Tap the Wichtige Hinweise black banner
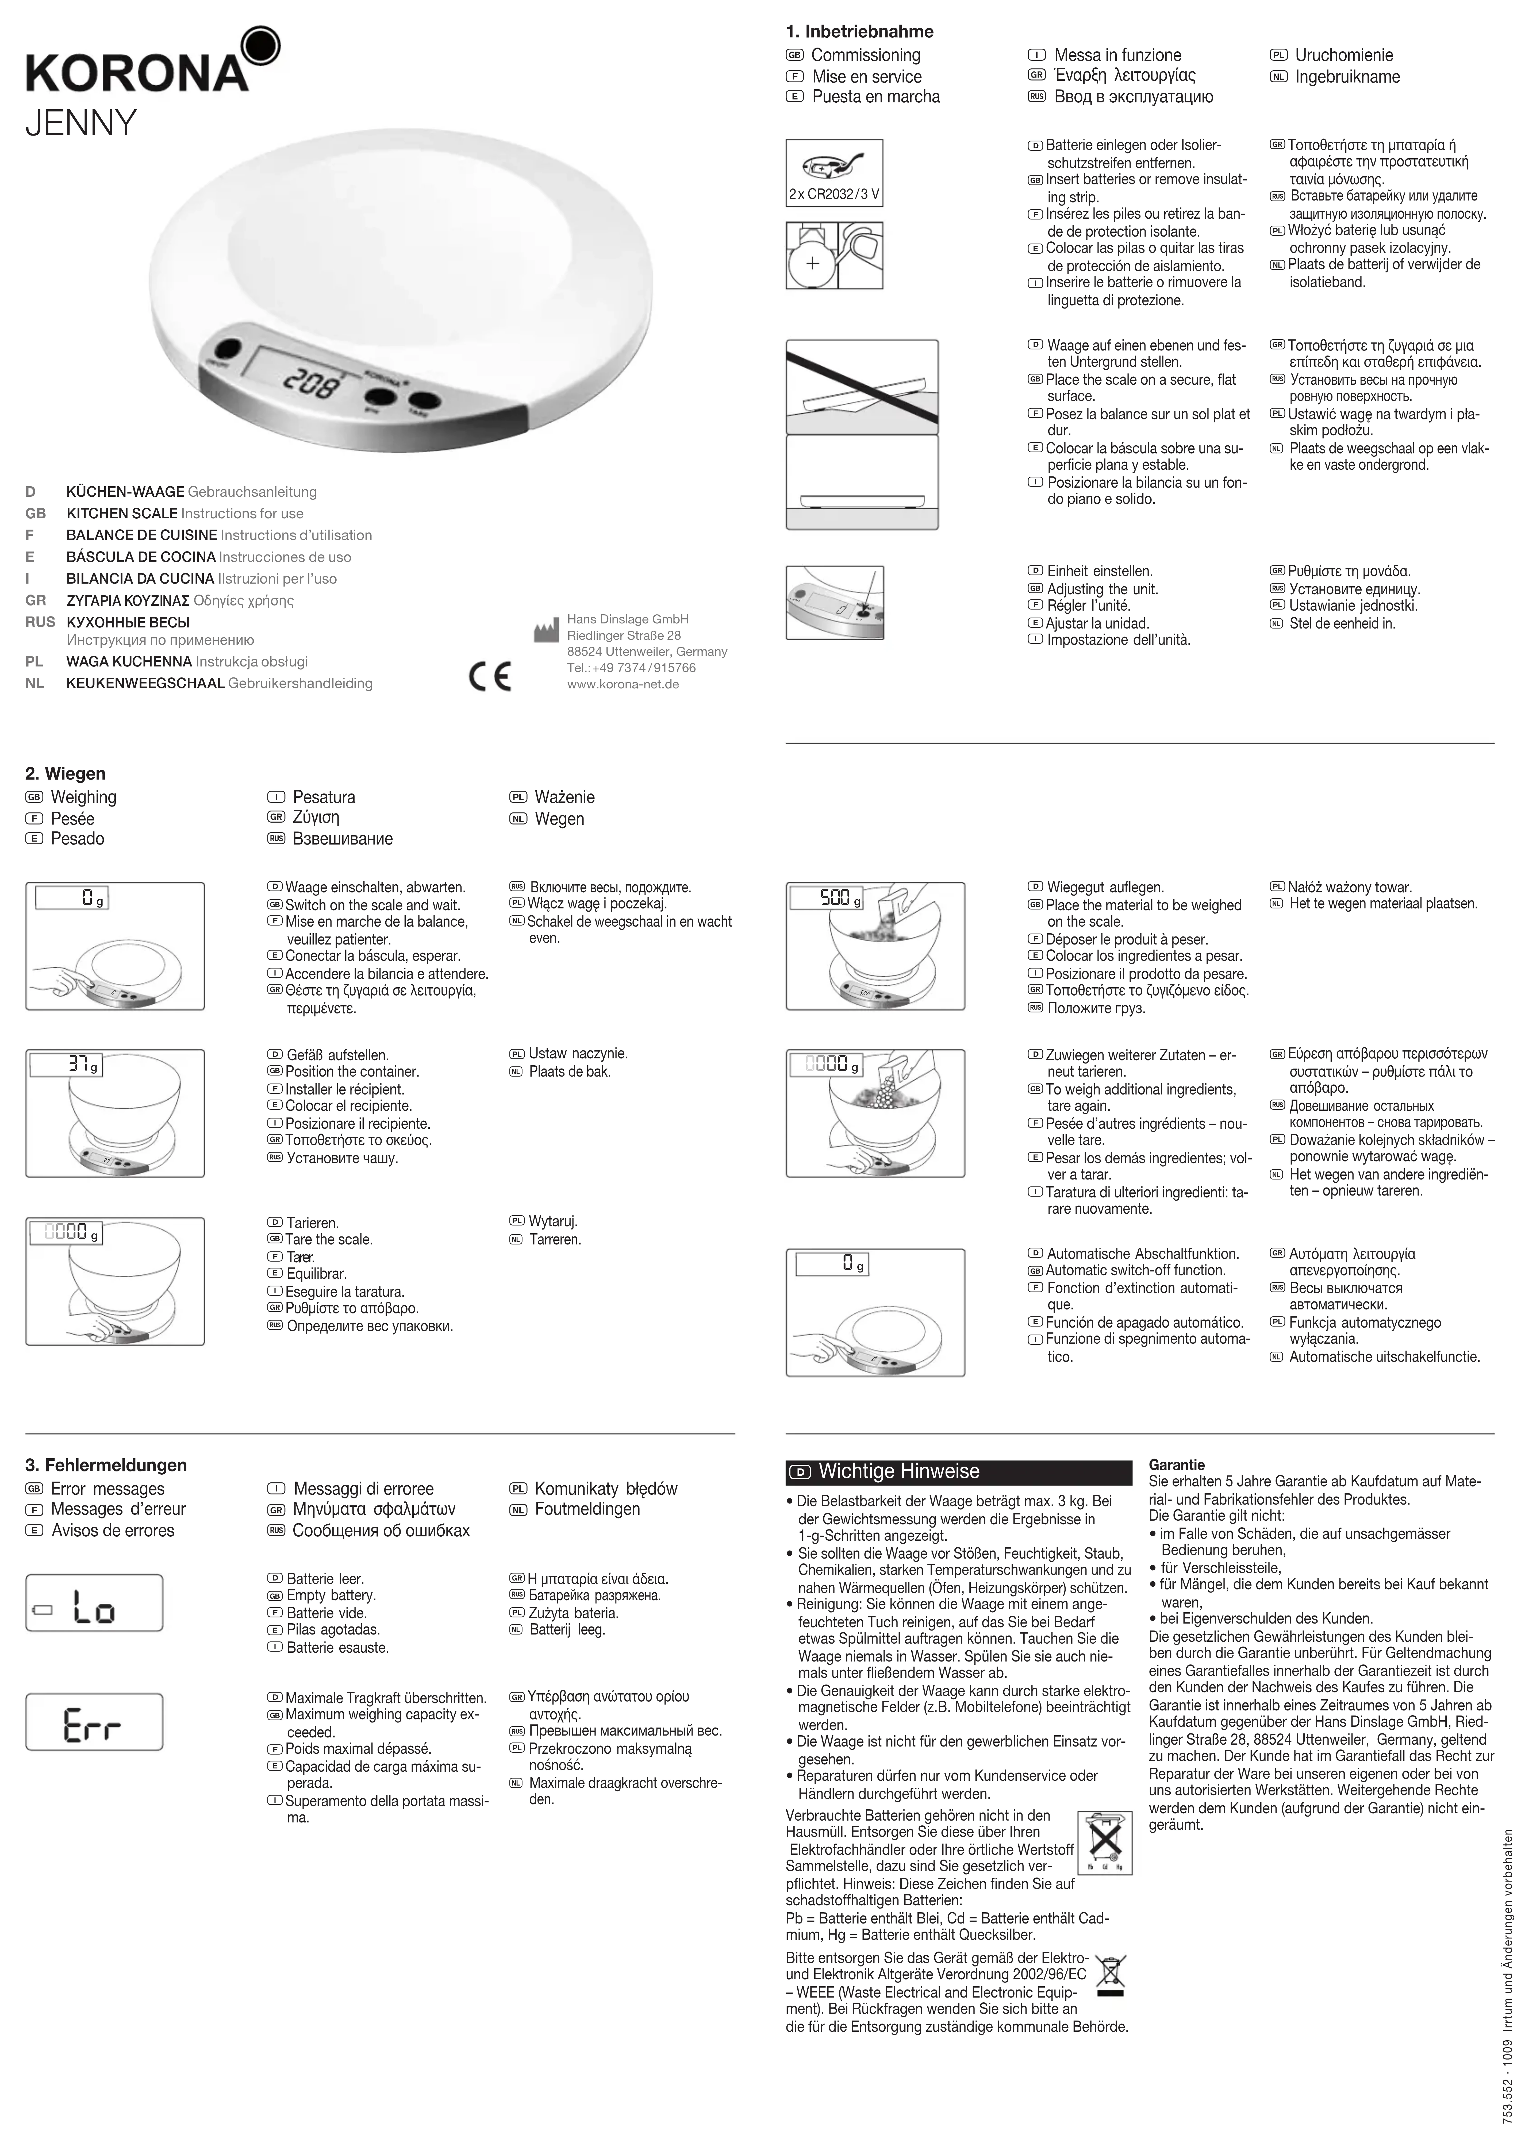click(x=958, y=1472)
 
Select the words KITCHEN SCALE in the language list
click(x=122, y=513)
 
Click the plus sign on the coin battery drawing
click(x=812, y=263)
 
